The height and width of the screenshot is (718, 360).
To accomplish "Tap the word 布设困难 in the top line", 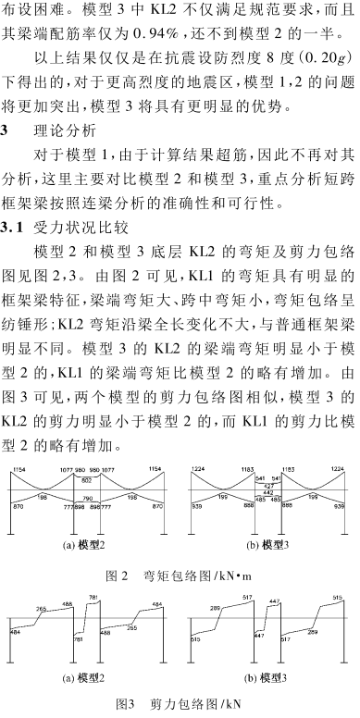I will (37, 8).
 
